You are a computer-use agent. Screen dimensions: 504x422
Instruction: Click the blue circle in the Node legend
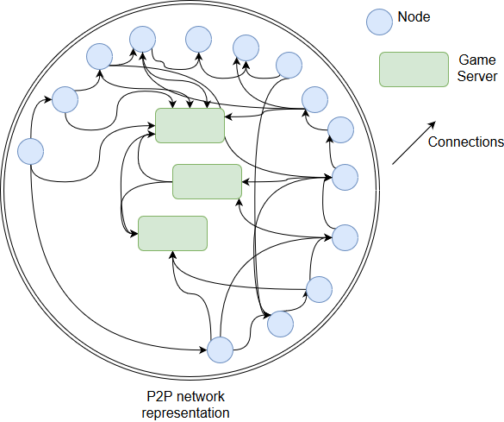(x=379, y=22)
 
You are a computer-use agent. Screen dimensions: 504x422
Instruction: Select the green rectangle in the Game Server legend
(x=414, y=70)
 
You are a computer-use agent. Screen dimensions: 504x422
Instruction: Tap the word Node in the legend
(x=414, y=16)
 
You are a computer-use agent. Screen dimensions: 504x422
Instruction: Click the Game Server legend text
(x=477, y=68)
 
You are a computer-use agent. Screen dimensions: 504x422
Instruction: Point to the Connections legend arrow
(x=414, y=142)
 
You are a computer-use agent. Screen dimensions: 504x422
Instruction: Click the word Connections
(x=466, y=142)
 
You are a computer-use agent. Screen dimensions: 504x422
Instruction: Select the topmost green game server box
(x=190, y=125)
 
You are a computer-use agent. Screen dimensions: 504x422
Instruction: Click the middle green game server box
(x=208, y=181)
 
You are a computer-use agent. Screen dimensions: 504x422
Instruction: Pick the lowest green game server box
(x=172, y=233)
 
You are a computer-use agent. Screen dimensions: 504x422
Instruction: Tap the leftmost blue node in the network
(x=30, y=151)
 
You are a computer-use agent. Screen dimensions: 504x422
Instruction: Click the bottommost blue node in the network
(x=220, y=350)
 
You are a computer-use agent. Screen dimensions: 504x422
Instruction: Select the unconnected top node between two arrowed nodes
(x=199, y=40)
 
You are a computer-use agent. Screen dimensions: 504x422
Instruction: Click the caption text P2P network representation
(x=186, y=404)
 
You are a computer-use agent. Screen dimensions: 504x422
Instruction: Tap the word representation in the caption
(x=186, y=413)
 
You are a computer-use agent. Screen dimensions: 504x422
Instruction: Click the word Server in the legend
(x=477, y=76)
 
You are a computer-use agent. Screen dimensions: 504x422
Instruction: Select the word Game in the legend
(x=477, y=60)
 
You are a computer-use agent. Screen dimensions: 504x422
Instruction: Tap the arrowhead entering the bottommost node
(x=203, y=350)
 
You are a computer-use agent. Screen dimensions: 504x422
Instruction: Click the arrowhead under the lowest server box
(x=172, y=255)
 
